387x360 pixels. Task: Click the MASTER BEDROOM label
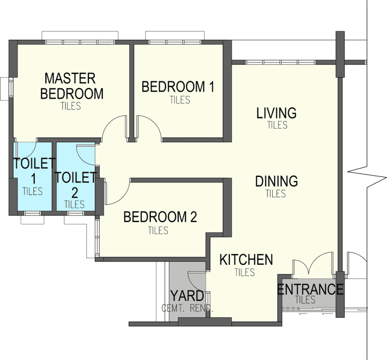(x=72, y=86)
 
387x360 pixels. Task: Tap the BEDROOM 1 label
(x=178, y=87)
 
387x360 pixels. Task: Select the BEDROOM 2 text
(x=160, y=217)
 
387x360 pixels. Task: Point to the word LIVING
(x=277, y=113)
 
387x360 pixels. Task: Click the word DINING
(x=277, y=181)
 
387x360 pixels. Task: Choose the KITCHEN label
(x=246, y=260)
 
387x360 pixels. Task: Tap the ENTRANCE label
(x=310, y=289)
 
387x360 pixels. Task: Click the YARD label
(x=187, y=296)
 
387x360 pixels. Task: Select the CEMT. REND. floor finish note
(x=187, y=308)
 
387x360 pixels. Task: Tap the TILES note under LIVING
(x=278, y=125)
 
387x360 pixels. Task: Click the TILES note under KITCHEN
(x=244, y=272)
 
